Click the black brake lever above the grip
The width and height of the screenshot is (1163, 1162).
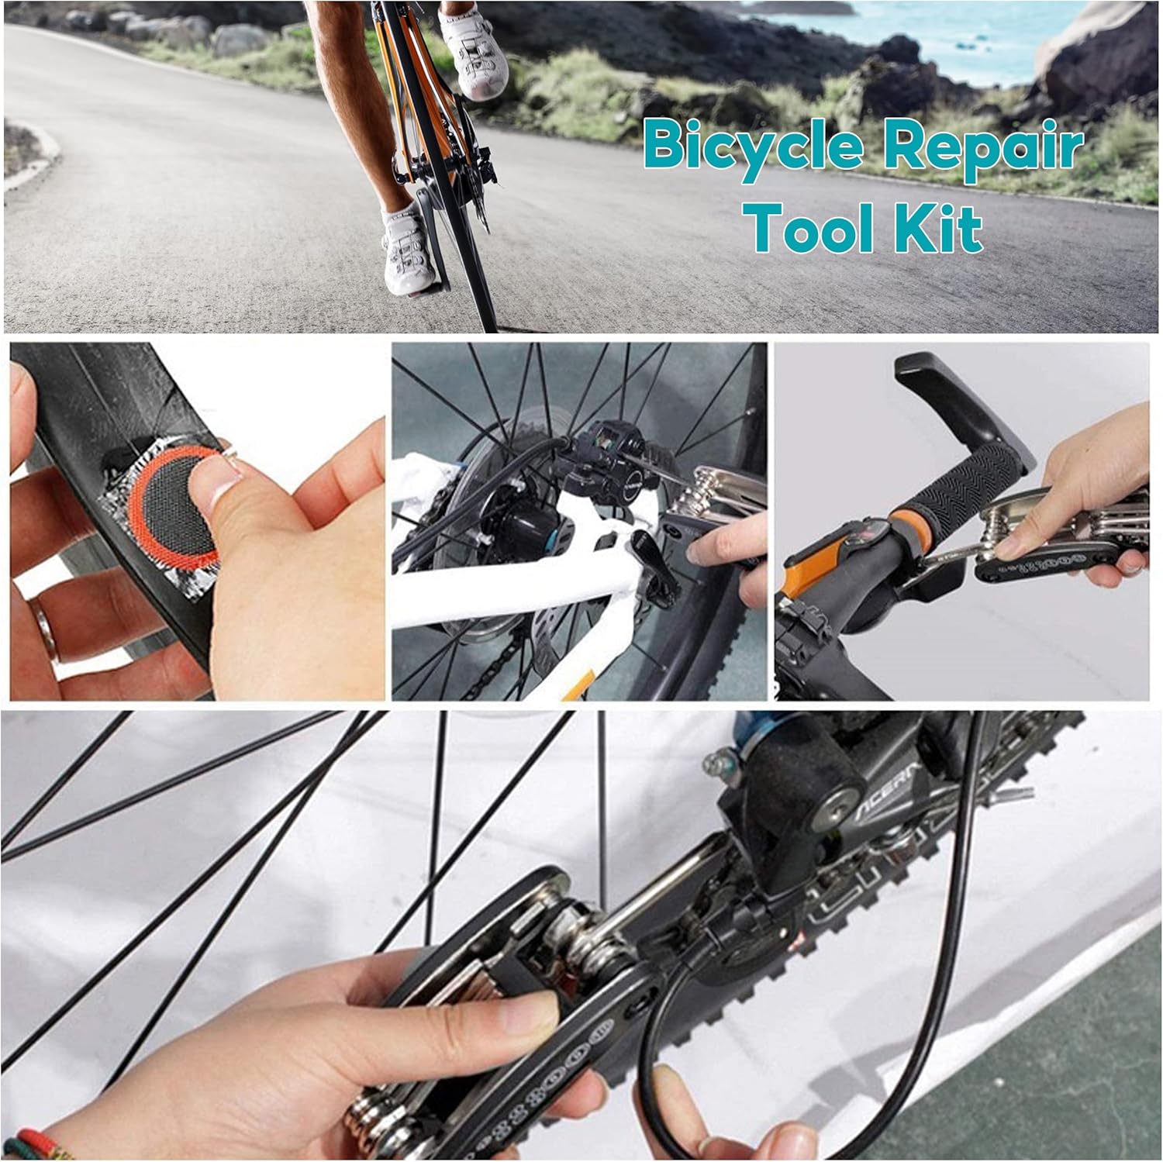coord(966,395)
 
